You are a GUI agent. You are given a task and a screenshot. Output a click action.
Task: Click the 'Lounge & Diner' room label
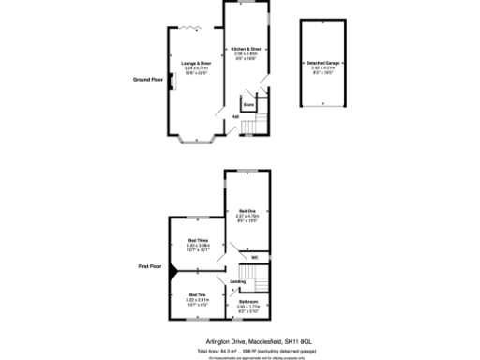pos(196,63)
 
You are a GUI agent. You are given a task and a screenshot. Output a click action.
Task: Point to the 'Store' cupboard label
pos(248,105)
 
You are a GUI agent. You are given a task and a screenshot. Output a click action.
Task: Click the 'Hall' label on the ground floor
pos(234,116)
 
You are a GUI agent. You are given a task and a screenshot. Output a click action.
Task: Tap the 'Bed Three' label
pos(197,240)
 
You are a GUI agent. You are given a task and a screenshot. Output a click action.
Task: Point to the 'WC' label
pos(254,256)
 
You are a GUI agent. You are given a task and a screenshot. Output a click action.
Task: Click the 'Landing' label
pos(237,280)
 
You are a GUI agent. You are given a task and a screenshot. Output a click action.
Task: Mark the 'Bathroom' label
pos(248,301)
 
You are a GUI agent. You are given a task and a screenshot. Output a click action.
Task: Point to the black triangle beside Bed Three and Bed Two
pos(172,268)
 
